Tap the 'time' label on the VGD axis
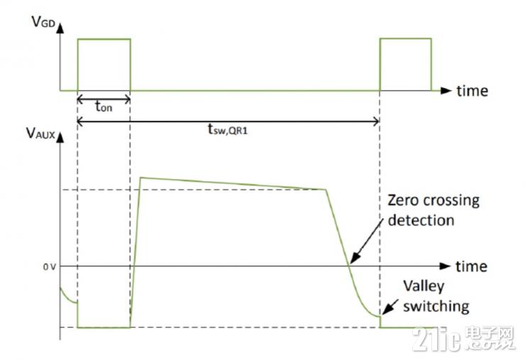point(471,91)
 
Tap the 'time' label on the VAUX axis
point(471,266)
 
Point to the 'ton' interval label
point(104,108)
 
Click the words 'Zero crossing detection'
point(432,210)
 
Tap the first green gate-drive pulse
point(104,64)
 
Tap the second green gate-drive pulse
point(405,64)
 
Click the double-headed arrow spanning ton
point(104,99)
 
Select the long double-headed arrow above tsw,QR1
point(228,122)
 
